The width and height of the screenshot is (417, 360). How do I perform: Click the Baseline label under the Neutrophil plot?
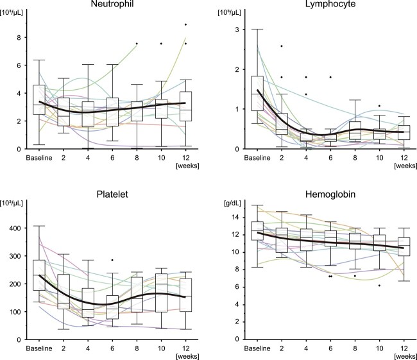(x=38, y=157)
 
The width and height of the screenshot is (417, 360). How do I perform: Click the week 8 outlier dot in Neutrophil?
(x=136, y=44)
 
